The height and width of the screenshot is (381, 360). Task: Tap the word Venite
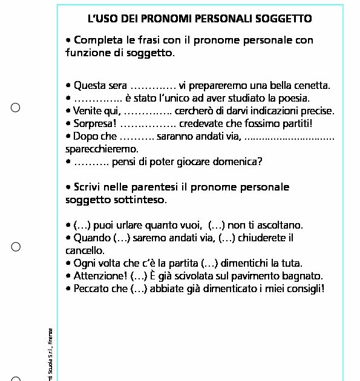pos(88,111)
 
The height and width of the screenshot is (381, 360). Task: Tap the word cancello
pos(85,250)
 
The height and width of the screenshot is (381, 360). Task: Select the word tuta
pos(291,263)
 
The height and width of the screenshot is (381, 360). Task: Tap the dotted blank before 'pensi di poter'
pos(91,163)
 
